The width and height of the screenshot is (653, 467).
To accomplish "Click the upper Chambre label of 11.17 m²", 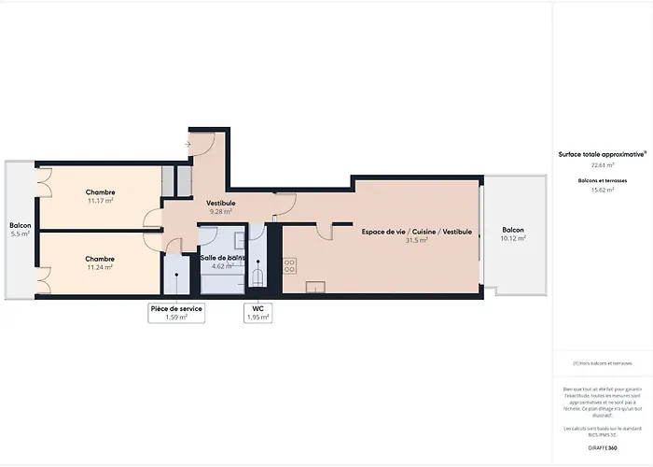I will coord(100,192).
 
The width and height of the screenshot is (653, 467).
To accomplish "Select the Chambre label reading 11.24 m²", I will coord(100,259).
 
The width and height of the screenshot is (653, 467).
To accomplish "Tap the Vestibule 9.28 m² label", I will coord(221,203).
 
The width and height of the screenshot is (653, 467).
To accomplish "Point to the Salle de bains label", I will coord(223,257).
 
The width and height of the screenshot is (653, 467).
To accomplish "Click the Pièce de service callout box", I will coord(176,312).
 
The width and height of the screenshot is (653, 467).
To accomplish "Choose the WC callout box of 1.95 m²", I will coord(258,312).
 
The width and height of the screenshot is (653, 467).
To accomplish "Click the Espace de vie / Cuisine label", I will coord(417,231).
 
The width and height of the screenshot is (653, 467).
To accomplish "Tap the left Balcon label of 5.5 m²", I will coord(21,229).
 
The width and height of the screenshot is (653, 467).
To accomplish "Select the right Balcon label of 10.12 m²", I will coord(513,233).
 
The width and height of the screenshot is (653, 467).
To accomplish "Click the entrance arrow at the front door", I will coord(188,144).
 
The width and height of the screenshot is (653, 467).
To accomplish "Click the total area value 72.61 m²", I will coord(591,164).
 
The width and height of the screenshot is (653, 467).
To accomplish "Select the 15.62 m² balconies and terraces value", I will coord(591,190).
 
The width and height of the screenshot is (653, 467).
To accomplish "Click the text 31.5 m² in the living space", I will coord(417,240).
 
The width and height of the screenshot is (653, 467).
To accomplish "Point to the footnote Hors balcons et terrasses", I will coord(603,363).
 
